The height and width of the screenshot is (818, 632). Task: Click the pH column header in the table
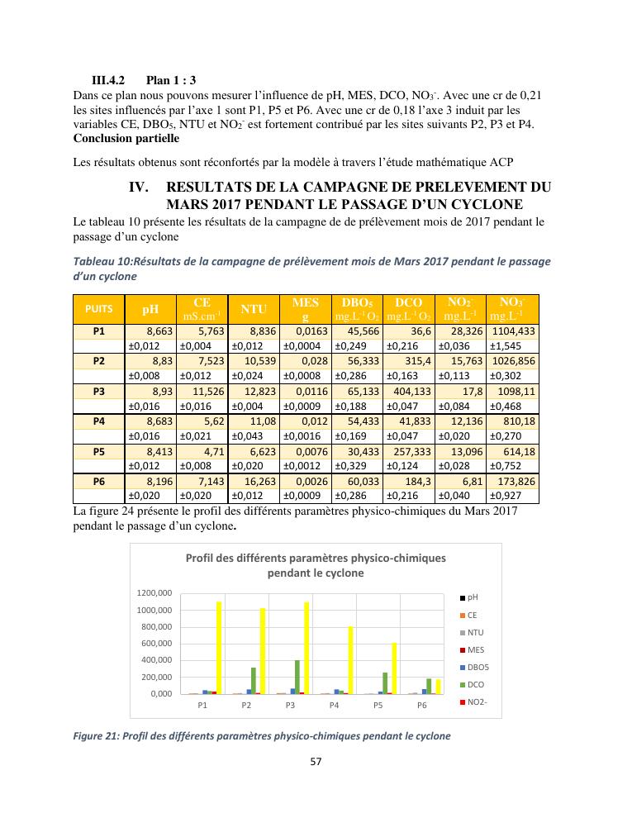(x=150, y=309)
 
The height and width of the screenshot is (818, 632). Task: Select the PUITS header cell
(x=99, y=309)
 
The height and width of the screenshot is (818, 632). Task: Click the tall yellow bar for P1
(x=219, y=647)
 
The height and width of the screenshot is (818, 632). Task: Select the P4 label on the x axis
(x=334, y=706)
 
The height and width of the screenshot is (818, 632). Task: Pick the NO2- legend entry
(x=478, y=702)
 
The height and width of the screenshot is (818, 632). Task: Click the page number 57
(x=316, y=761)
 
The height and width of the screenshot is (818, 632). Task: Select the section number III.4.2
(x=107, y=81)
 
